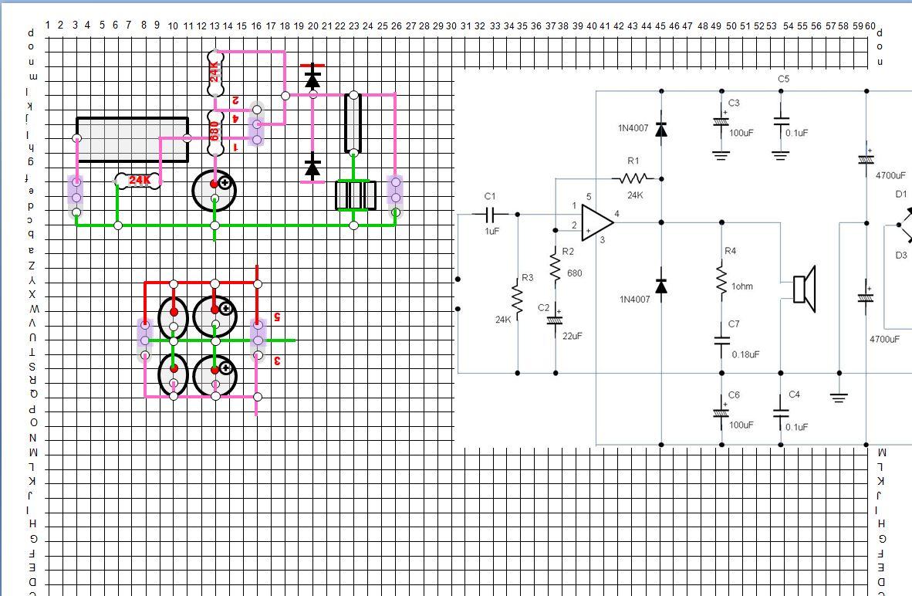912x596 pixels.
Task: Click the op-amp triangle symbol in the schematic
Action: [596, 222]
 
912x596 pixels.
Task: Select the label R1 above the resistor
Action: [633, 161]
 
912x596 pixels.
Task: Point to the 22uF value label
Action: [572, 336]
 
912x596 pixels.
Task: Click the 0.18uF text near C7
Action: [745, 354]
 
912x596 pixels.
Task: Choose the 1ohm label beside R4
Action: [741, 286]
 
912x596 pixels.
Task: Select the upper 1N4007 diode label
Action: [633, 128]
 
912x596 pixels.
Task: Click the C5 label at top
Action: [783, 79]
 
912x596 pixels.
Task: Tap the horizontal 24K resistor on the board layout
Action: [139, 181]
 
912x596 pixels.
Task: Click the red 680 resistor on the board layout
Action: [214, 131]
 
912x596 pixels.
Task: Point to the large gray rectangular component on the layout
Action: [132, 140]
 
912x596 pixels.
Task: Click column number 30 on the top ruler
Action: [451, 25]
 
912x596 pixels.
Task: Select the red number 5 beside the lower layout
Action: [276, 317]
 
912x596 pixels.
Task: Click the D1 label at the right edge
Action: [900, 195]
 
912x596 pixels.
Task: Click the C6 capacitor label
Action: [734, 395]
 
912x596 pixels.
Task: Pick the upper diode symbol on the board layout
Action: [312, 79]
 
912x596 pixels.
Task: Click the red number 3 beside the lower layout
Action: [276, 361]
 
